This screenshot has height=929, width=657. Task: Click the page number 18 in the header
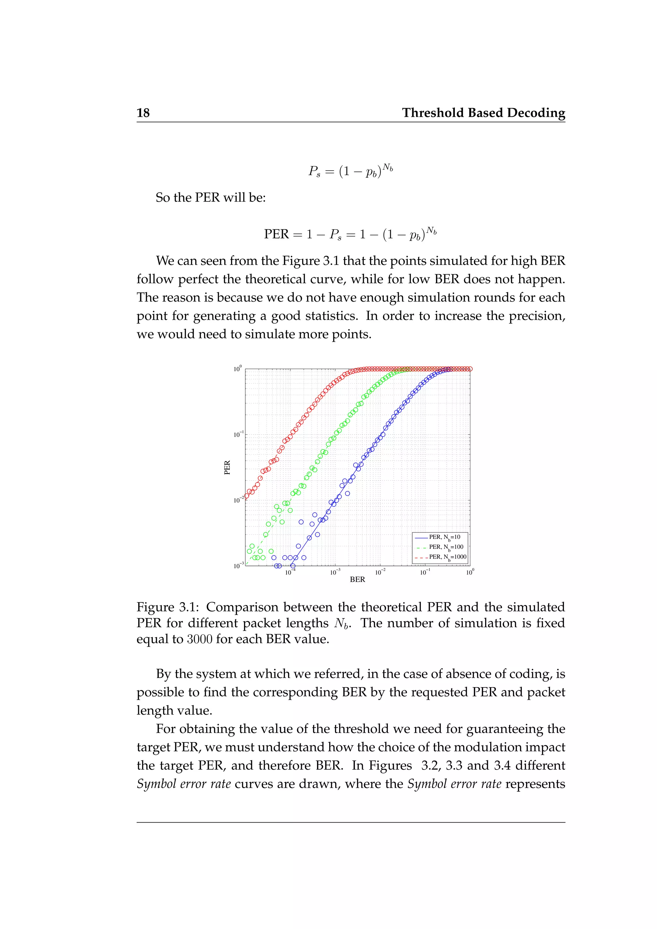(143, 113)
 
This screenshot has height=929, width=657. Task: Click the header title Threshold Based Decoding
(483, 113)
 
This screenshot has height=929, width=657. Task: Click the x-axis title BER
(357, 579)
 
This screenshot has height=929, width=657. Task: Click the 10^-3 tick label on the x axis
(335, 572)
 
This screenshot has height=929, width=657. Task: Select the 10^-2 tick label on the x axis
(380, 572)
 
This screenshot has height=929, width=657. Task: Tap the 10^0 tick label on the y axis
(237, 369)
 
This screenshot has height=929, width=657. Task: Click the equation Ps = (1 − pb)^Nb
(350, 171)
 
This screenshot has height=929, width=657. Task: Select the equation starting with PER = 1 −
(350, 234)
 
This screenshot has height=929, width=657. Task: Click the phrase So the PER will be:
(210, 198)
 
